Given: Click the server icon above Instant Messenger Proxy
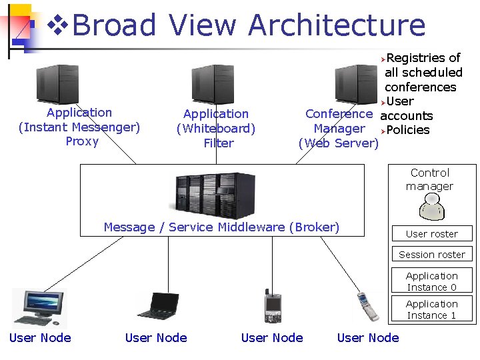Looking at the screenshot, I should tap(58, 84).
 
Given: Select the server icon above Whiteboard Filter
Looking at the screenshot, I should tap(213, 84).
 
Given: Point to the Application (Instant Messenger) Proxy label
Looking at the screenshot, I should tap(79, 127).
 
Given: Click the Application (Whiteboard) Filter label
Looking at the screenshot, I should tap(216, 128).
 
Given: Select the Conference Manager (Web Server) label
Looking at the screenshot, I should tap(339, 128).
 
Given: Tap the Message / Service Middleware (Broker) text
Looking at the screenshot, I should tap(221, 227).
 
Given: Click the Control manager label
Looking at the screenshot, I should tap(430, 179).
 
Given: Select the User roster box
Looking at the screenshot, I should tap(432, 233).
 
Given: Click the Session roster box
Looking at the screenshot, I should tap(432, 254).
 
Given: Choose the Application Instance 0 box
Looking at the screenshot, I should tap(432, 281).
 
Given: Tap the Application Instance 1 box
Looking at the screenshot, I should tap(432, 309).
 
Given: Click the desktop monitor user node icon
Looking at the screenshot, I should tap(39, 307).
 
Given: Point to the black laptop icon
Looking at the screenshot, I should tap(157, 305).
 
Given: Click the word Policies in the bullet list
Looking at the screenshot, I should tap(407, 129).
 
